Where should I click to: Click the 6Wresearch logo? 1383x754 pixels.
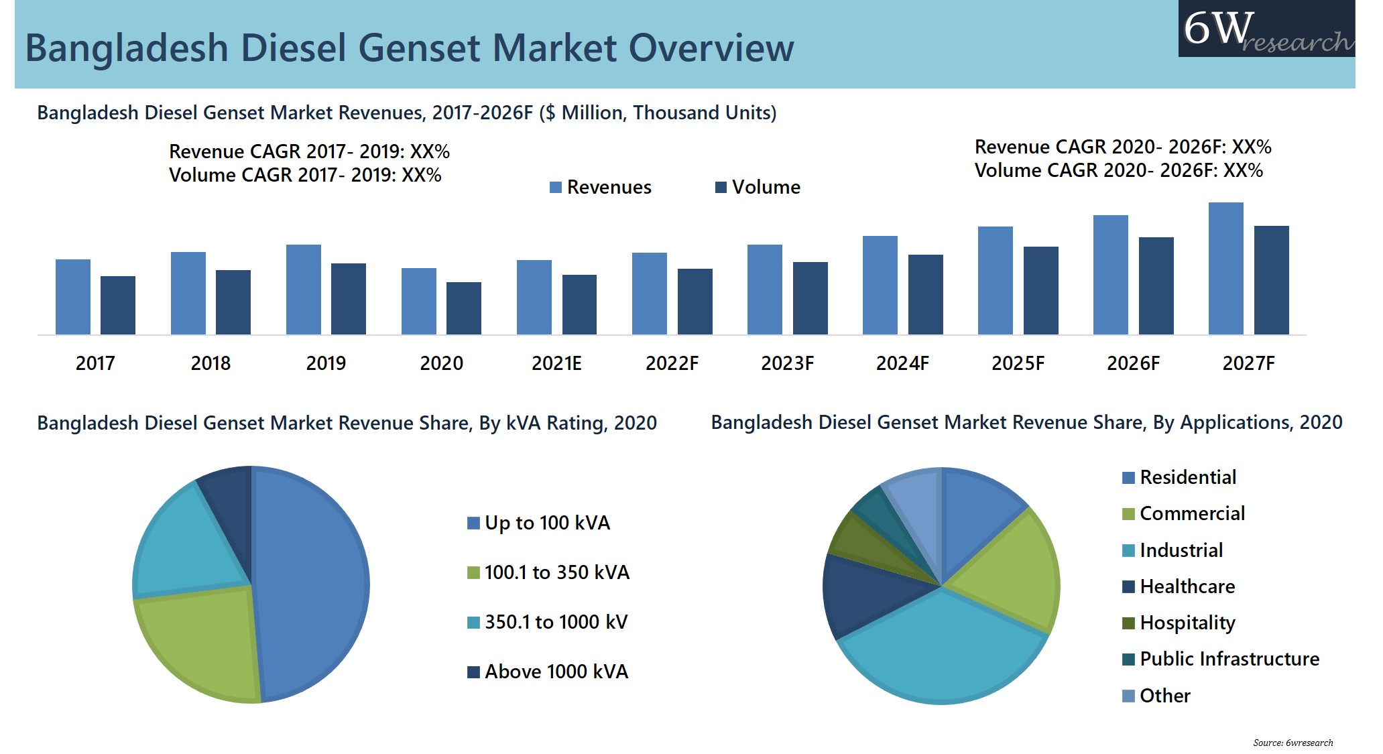[x=1266, y=29]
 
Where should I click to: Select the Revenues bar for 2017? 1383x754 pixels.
[x=72, y=297]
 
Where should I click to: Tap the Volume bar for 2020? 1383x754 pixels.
[x=464, y=308]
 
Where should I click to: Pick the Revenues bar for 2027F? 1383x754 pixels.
[x=1225, y=268]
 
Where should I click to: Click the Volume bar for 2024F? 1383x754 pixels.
[x=925, y=294]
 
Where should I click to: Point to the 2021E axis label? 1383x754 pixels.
[x=556, y=363]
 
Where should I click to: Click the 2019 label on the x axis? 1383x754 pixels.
[x=326, y=363]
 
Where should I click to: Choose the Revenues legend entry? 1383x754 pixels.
[x=601, y=187]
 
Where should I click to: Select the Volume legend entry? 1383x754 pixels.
[x=758, y=187]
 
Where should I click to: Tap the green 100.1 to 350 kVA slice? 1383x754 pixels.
[x=201, y=643]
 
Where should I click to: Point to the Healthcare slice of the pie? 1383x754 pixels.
[x=865, y=593]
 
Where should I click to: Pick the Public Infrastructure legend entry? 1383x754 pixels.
[x=1221, y=659]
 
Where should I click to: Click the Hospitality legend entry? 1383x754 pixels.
[x=1179, y=623]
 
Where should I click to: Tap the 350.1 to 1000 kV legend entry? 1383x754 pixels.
[x=548, y=622]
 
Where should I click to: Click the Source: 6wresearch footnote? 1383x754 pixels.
[x=1292, y=743]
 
